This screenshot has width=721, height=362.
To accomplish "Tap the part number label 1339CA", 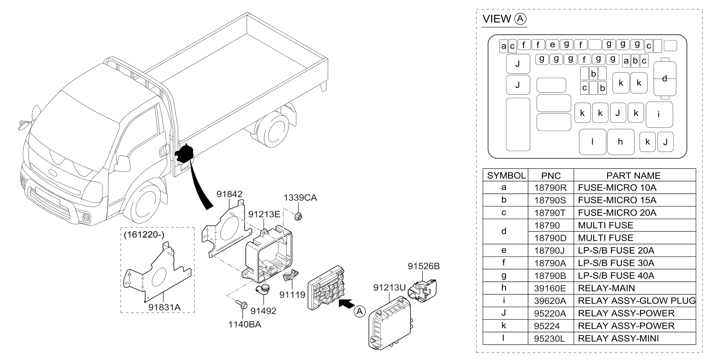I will pos(300,198).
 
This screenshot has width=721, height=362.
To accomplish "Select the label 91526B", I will pos(423,266).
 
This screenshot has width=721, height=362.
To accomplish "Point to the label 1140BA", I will pos(244,324).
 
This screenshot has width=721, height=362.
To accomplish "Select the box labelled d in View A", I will pos(665,79).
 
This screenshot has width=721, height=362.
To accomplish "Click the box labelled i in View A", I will pos(659,114).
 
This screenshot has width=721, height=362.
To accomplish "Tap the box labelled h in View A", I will pos(620,142).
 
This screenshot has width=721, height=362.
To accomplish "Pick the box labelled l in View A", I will pos(592,142).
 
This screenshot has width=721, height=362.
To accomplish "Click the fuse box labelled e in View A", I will pos(552,44).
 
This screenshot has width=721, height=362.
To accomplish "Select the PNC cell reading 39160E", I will pos(551,288).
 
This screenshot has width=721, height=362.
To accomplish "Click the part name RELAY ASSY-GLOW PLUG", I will pos(636,301).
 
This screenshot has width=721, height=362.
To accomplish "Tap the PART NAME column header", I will pos(633,175).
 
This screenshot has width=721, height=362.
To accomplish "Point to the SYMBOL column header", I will pos(506,175).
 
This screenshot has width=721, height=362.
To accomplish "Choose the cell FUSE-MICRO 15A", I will pos(617,200).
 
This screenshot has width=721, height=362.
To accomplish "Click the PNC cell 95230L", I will pos(551,339).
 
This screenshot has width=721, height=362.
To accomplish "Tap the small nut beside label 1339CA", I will pos(298,216).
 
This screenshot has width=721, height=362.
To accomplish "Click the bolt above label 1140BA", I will pos(241,304).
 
